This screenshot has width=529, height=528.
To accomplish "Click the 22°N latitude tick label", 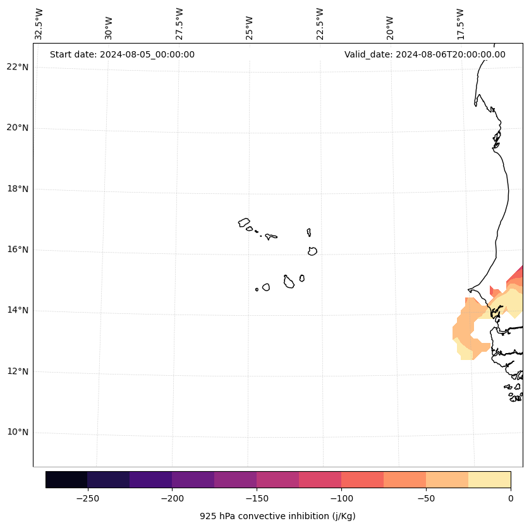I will click(x=18, y=67).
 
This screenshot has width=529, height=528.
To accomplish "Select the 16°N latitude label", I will click(x=18, y=249).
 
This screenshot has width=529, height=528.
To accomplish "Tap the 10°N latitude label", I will click(x=18, y=432).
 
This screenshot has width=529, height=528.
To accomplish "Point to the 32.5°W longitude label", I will click(x=39, y=24).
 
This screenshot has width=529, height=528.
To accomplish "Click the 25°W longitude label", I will click(x=250, y=28).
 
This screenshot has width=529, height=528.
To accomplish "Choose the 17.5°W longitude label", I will click(x=460, y=24).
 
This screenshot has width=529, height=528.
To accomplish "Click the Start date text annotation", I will click(x=122, y=54).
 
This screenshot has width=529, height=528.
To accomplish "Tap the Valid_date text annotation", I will click(x=425, y=54).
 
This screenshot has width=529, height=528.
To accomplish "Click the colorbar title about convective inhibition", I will click(x=277, y=516).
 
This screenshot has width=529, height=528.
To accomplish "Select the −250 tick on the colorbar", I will click(x=87, y=498).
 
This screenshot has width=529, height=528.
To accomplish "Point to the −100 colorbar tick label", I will click(x=341, y=498).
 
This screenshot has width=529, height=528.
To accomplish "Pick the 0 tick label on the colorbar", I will click(x=510, y=498).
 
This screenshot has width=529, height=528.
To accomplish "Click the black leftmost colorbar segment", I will click(x=66, y=479).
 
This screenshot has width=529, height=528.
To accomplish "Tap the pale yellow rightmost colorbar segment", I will click(x=489, y=479).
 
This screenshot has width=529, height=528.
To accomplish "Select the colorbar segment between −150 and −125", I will click(x=277, y=479).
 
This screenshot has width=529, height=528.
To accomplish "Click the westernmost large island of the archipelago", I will click(x=244, y=222).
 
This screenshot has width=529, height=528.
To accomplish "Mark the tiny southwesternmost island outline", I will click(x=257, y=289).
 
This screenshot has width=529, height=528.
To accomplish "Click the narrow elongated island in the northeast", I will click(x=308, y=232).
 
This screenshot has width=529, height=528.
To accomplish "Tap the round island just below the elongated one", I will click(x=312, y=251).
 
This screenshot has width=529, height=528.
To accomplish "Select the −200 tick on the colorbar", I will click(x=172, y=498).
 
